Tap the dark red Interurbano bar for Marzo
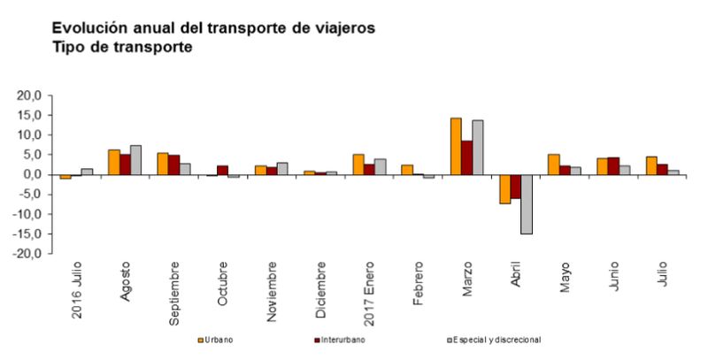(466, 157)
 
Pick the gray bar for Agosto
(135, 160)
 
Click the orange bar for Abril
(504, 189)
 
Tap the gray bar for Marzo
(478, 148)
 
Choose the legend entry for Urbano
(222, 339)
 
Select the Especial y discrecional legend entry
(496, 339)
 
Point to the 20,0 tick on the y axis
(31, 96)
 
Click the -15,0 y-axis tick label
(29, 234)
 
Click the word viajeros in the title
(342, 27)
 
